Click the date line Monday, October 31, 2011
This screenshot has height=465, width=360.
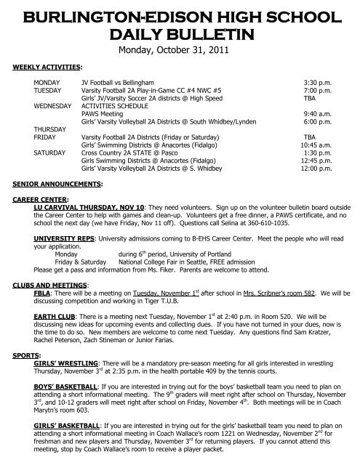tap(180, 51)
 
